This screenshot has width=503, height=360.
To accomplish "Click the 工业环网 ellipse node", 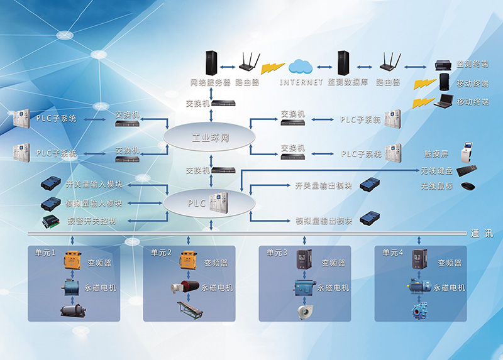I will (x=209, y=136).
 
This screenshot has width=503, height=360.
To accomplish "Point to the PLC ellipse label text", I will (x=196, y=203).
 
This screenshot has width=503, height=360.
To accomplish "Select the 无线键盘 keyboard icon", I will (x=467, y=170).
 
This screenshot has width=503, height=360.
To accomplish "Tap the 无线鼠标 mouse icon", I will (x=467, y=186).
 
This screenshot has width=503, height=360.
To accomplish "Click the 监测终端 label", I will (x=472, y=65).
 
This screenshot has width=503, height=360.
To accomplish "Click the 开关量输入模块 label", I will (x=94, y=184).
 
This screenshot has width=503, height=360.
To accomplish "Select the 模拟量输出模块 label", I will (x=324, y=221).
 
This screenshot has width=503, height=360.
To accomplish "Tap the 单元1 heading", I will (x=46, y=253).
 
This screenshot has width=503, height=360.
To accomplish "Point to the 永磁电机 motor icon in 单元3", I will (x=304, y=288).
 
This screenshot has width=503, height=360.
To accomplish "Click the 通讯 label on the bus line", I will (x=482, y=234).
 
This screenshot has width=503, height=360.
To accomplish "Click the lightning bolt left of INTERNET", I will (x=272, y=66).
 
